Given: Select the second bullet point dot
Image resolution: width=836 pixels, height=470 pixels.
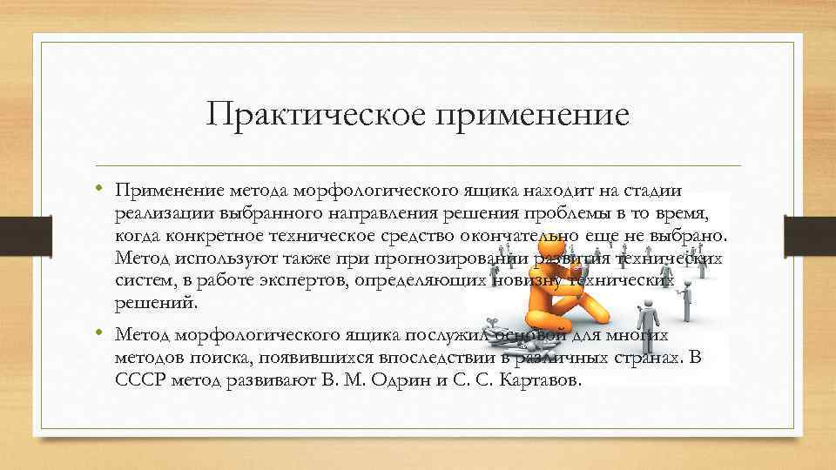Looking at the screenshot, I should [100, 333].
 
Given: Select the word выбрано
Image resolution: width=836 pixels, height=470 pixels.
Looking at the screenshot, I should [686, 237].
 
